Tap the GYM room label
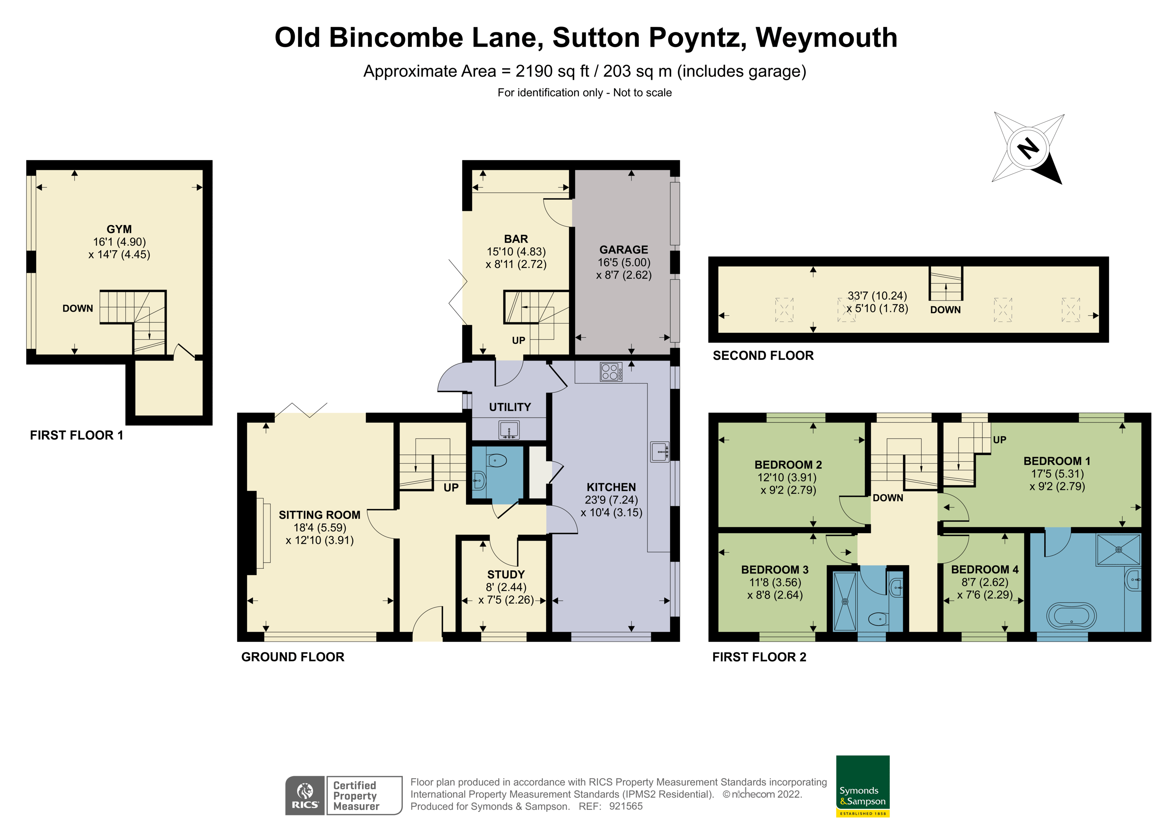coord(119,229)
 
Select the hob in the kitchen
coord(611,372)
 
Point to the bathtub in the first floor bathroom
coord(1071,616)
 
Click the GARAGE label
coord(623,250)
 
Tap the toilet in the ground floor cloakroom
coord(496,461)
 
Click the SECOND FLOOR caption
coord(763,355)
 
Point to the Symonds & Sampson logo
coord(862,786)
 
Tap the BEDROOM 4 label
coord(984,569)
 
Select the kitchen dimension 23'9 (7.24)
coord(611,500)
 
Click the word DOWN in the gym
coord(78,308)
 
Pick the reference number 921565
coord(625,806)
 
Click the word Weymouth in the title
coord(826,38)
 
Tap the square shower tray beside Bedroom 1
coord(1119,550)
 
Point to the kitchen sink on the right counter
coord(660,452)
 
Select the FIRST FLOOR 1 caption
coord(76,435)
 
